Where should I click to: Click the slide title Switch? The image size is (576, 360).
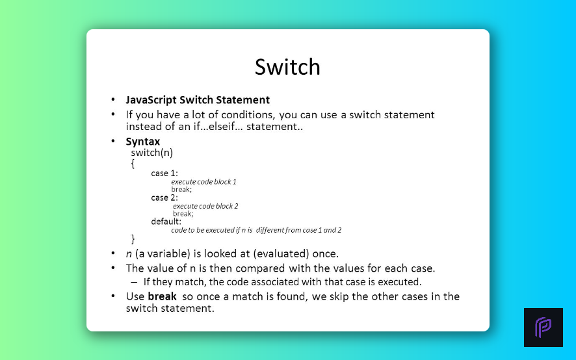tap(287, 67)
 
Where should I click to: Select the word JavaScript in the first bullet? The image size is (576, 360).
tap(151, 100)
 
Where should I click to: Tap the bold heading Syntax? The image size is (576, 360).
tap(143, 142)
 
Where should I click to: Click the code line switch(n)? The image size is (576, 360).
tap(151, 153)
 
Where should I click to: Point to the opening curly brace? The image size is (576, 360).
tap(133, 164)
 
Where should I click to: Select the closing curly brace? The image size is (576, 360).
tap(133, 239)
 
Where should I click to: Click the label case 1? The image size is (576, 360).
tap(164, 173)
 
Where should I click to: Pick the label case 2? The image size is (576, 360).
tap(164, 198)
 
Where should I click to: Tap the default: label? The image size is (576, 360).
tap(166, 222)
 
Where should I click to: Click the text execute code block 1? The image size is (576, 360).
tap(203, 182)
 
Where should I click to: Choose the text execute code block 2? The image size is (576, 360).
tap(205, 206)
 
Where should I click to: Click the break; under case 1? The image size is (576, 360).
tap(181, 190)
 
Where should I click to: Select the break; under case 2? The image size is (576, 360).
tap(183, 214)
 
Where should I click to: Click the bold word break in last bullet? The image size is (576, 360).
tap(162, 296)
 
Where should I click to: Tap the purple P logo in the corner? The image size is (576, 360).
tap(543, 328)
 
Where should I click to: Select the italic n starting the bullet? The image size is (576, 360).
tap(129, 254)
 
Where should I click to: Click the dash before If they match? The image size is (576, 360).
tap(134, 282)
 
